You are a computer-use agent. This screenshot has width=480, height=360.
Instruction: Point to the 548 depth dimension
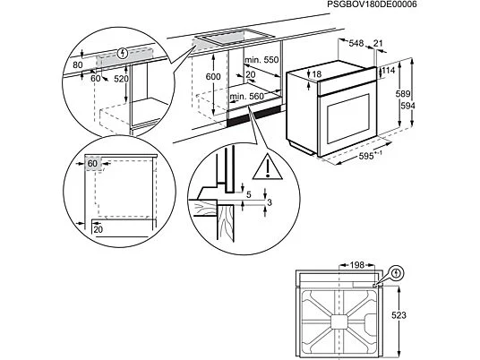pyautogui.click(x=355, y=42)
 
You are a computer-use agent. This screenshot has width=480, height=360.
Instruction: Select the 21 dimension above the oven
pyautogui.click(x=380, y=42)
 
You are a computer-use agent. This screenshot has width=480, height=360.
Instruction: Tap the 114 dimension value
pyautogui.click(x=388, y=71)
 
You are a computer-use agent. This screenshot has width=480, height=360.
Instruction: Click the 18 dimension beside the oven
pyautogui.click(x=340, y=74)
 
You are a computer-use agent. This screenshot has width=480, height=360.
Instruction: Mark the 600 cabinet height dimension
pyautogui.click(x=212, y=78)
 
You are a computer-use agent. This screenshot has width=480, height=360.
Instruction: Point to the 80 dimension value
pyautogui.click(x=78, y=64)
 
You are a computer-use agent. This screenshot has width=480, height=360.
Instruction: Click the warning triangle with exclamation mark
pyautogui.click(x=267, y=167)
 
